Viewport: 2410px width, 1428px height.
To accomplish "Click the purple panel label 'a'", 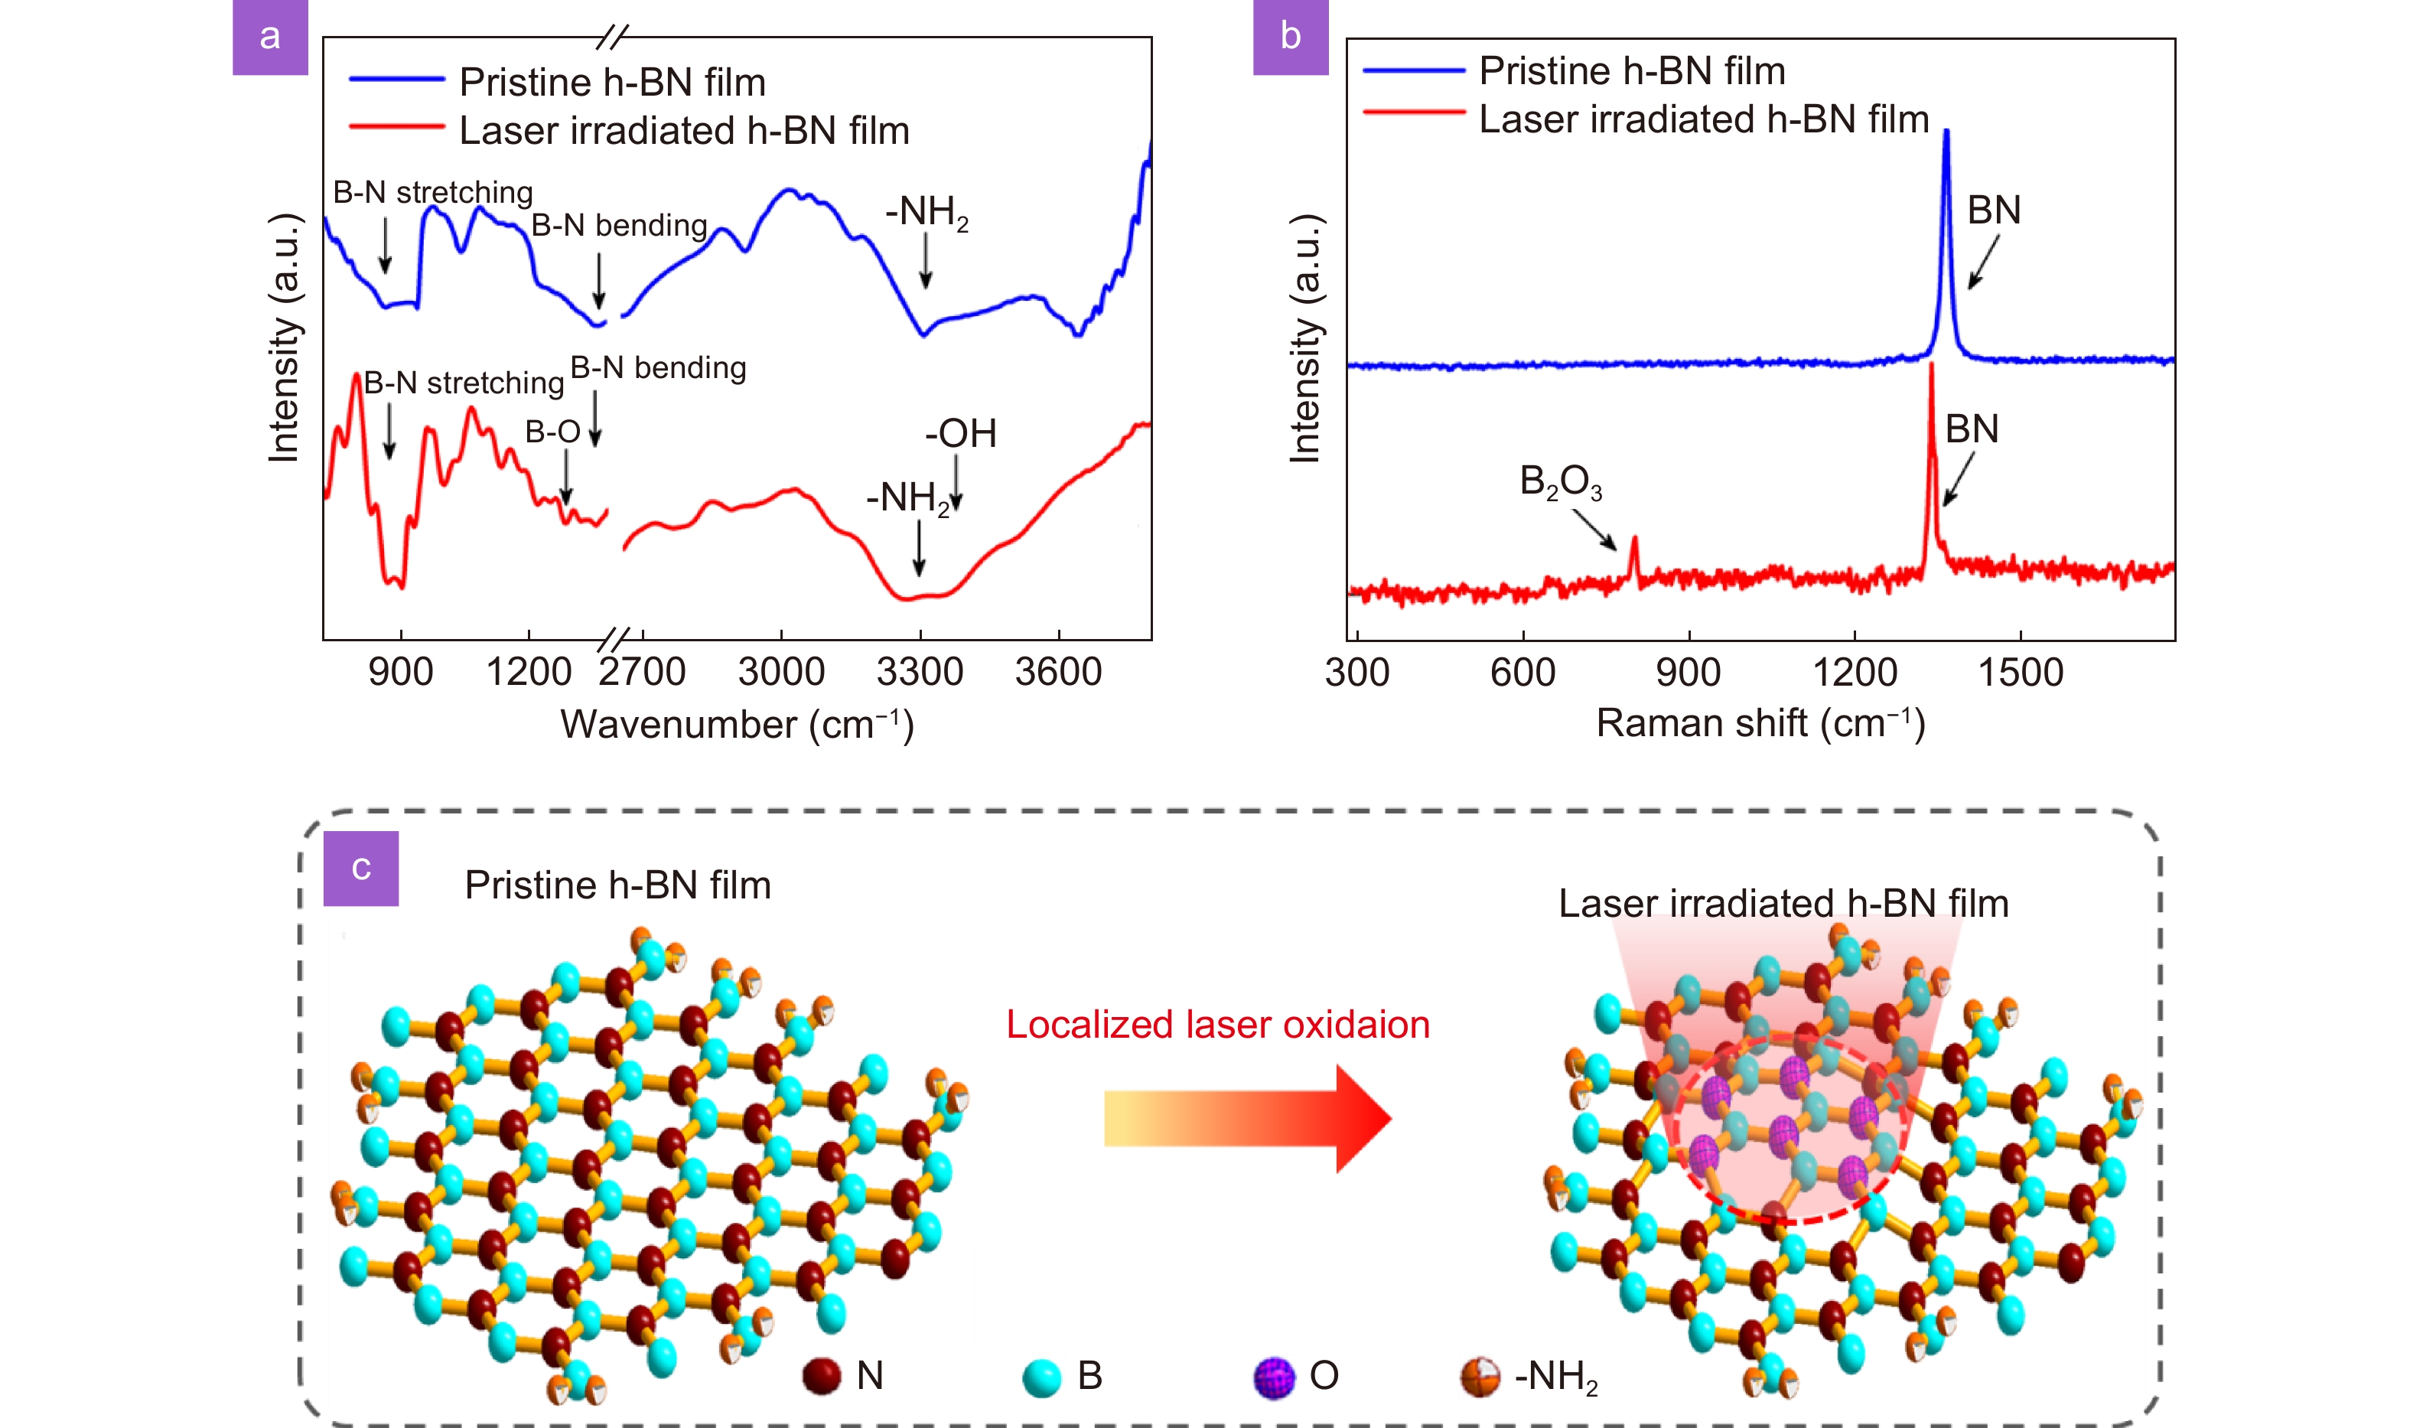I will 269,37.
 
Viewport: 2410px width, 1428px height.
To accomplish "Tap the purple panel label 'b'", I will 1290,37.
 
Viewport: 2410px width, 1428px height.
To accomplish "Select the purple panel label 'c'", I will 361,868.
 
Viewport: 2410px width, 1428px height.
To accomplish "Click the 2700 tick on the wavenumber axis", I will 642,670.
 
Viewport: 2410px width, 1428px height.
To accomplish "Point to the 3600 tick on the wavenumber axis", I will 1058,670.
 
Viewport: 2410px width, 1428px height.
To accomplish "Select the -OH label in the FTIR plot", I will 960,433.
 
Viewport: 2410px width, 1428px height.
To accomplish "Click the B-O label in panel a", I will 552,432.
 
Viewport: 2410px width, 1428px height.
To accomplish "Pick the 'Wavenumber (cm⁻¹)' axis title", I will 737,724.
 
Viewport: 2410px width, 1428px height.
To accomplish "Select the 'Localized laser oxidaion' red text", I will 1217,1024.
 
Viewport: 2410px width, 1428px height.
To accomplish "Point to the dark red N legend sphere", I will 822,1376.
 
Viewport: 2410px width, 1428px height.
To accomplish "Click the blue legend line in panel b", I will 1413,70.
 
